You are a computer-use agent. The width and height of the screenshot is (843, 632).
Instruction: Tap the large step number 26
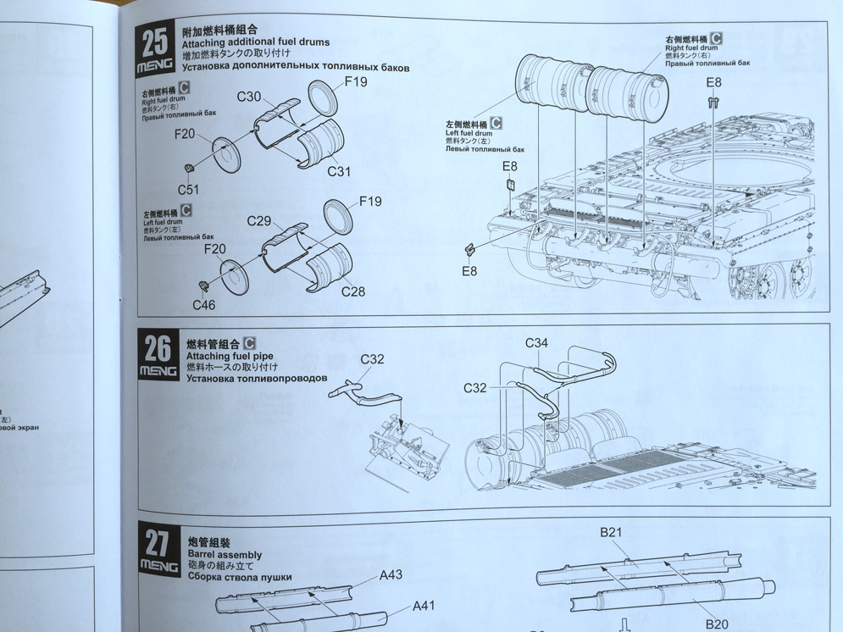point(157,348)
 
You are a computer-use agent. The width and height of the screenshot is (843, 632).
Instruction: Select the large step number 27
point(158,541)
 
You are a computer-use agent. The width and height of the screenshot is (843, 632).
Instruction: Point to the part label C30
point(249,97)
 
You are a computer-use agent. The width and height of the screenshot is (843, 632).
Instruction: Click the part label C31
point(339,171)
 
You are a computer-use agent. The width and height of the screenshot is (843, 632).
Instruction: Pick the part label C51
point(189,189)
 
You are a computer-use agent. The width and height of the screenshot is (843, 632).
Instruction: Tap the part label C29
point(259,221)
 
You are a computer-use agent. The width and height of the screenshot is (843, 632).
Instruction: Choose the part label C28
point(353,291)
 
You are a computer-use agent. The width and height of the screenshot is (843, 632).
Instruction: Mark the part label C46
point(203,305)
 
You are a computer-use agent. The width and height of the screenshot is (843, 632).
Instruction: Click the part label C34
point(536,343)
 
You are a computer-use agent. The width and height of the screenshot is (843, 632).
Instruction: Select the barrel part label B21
point(611,532)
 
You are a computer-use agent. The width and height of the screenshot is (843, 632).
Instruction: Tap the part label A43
point(391,575)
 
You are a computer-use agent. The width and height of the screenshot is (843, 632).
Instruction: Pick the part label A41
point(424,606)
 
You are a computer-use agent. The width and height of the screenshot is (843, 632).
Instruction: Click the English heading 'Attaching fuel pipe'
point(219,356)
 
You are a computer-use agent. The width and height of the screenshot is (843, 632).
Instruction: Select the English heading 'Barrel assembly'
point(215,555)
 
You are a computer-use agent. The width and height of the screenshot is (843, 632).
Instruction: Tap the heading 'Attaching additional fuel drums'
point(256,42)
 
